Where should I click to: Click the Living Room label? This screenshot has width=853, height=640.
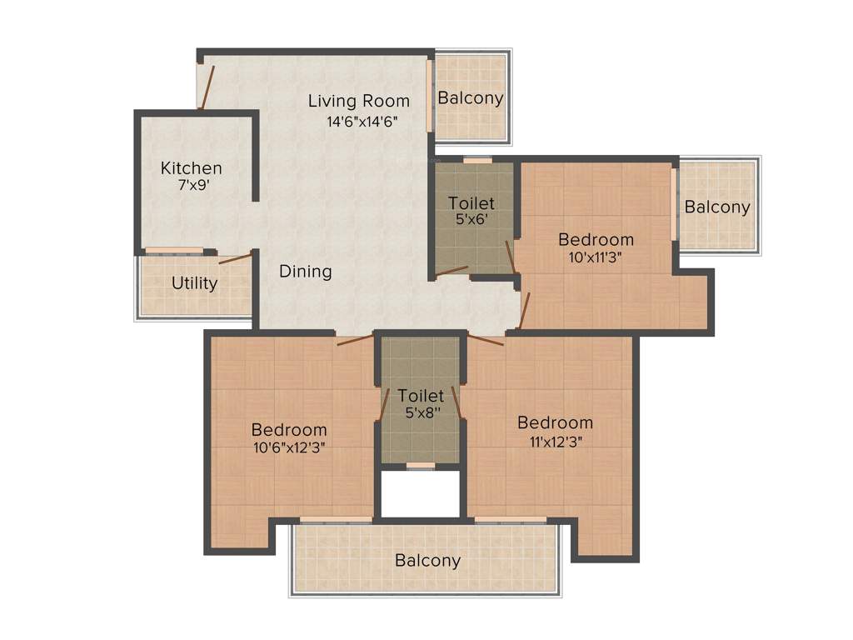click(359, 101)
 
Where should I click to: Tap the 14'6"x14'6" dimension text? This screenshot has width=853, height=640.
click(362, 121)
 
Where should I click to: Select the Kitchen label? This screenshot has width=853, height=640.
click(192, 167)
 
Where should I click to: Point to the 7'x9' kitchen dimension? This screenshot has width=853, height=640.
click(192, 186)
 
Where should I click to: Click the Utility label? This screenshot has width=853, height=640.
click(194, 282)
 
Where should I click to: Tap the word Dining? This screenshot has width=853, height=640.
click(305, 271)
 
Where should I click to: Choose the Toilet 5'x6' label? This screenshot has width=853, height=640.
click(471, 202)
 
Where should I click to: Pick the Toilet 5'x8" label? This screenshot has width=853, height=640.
click(421, 395)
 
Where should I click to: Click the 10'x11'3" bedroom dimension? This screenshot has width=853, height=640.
click(596, 257)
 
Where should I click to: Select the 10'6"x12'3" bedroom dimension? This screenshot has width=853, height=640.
click(289, 447)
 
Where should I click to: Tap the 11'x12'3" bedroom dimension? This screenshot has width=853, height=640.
click(555, 441)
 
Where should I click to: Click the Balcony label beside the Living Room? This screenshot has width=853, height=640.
click(471, 97)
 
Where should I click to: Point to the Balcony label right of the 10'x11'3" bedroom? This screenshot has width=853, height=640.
click(717, 207)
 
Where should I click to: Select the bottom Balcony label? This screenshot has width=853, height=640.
click(427, 560)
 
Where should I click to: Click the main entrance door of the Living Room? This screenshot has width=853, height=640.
click(207, 86)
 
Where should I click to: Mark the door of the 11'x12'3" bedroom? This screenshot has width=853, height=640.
click(486, 339)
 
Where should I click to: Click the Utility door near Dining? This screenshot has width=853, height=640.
click(235, 257)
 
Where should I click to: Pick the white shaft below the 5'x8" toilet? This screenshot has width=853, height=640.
click(421, 494)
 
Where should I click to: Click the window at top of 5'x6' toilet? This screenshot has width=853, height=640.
click(477, 160)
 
